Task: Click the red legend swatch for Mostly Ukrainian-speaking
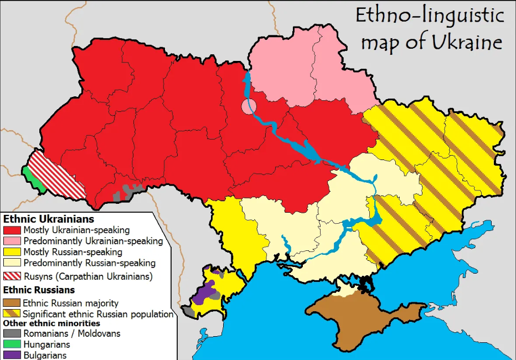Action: [12, 230]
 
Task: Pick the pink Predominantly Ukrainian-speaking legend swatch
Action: [12, 241]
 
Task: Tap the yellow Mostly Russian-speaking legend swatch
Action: [12, 252]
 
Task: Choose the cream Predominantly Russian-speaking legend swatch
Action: [12, 263]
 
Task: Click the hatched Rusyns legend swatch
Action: [12, 276]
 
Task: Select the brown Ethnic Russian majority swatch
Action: [12, 303]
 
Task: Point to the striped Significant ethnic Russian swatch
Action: [12, 314]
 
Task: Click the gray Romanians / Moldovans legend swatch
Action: [12, 333]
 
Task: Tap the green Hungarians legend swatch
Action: [12, 344]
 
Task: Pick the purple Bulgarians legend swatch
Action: [12, 355]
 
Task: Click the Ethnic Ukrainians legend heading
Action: [49, 220]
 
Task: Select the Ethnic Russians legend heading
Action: [39, 290]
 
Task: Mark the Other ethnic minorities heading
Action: [52, 323]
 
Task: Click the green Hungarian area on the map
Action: [33, 177]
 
